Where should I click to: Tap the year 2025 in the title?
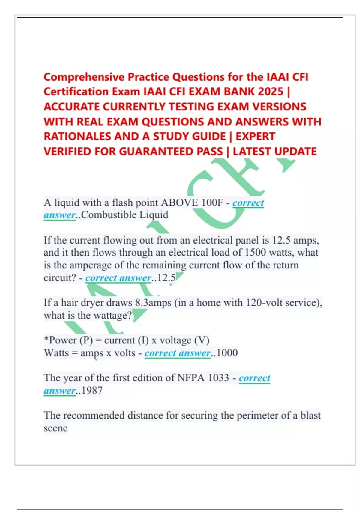(270, 91)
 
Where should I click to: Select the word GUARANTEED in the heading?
(156, 151)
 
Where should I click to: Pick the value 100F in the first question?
(212, 203)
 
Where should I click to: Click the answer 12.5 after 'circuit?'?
(166, 278)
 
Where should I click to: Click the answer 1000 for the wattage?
(227, 353)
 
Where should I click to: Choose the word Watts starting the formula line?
(56, 353)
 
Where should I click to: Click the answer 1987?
(92, 391)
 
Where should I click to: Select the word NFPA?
(191, 378)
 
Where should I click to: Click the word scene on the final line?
(56, 428)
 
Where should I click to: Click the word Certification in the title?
(76, 91)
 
